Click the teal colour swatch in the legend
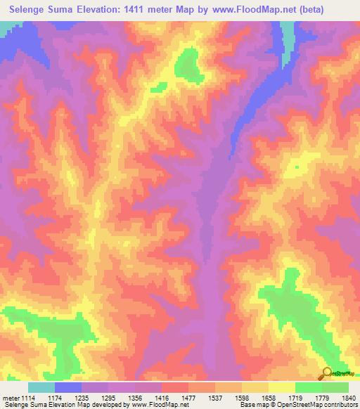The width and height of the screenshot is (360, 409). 41,387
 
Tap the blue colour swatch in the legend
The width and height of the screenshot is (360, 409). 68,387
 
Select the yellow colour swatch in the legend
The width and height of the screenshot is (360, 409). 281,387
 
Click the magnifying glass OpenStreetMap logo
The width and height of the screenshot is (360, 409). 327,373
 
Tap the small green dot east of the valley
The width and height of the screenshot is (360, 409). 296,167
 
